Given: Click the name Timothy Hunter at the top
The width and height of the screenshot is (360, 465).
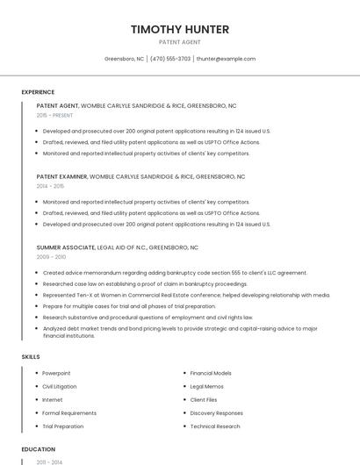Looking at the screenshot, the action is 180,30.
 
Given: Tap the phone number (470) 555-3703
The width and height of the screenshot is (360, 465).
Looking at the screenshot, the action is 170,59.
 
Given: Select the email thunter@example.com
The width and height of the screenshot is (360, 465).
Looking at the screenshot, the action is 226,59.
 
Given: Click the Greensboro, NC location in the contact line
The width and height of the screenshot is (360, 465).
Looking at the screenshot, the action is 124,59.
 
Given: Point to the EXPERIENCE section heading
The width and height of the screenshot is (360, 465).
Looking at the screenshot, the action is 38,92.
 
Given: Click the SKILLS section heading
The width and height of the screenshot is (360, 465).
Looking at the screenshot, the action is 30,357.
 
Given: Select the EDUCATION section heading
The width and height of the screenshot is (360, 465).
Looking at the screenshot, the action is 38,448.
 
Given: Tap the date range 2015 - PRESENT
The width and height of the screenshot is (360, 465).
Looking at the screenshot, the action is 54,115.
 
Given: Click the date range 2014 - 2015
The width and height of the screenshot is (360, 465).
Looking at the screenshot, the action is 50,186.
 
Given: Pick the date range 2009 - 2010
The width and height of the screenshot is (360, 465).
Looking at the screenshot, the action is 51,257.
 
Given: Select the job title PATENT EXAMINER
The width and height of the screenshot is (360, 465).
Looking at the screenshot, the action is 61,176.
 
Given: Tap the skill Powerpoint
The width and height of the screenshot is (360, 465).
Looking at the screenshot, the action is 57,373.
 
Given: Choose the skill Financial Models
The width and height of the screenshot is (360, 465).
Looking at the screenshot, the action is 211,373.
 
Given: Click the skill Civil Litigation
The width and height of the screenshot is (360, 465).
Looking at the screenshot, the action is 60,386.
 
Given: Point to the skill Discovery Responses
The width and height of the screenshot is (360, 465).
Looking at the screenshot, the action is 216,412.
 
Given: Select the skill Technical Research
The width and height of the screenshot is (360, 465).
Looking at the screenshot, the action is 214,426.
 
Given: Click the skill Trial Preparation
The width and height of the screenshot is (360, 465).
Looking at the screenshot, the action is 63,426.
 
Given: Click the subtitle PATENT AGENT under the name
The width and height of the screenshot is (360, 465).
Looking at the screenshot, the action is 180,42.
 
